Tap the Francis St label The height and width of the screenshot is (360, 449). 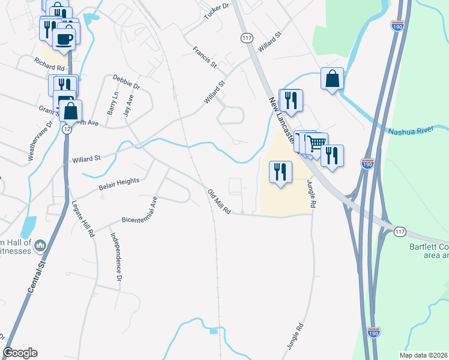coord(205,56)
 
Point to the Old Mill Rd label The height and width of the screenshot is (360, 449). coord(219,202)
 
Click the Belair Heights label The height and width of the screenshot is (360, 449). coord(119,184)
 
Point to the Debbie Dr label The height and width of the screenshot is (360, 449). coord(126,82)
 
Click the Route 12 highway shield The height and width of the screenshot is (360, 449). coord(65,129)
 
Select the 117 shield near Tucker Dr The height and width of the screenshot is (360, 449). coord(246,38)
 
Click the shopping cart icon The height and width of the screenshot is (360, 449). coord(317,143)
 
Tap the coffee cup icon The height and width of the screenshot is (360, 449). coord(65,39)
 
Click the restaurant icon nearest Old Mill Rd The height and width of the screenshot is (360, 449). coord(280,172)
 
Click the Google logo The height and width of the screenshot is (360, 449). coord(20,353)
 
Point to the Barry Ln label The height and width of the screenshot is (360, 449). coord(112,103)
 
